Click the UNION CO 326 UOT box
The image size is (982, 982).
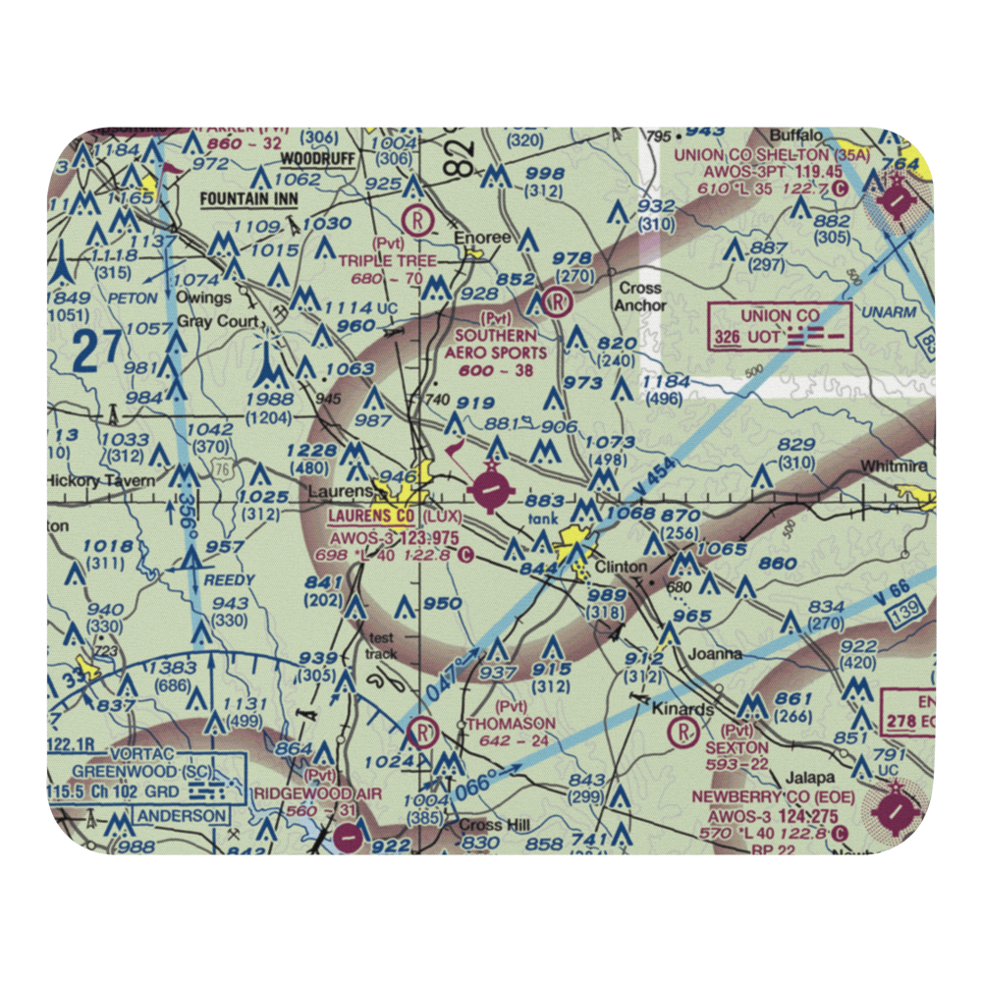pos(780,326)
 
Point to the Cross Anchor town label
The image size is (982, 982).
pos(638,297)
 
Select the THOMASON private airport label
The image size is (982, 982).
pos(510,723)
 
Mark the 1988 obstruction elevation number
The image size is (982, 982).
pos(270,399)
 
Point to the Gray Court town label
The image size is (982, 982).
pos(225,322)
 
